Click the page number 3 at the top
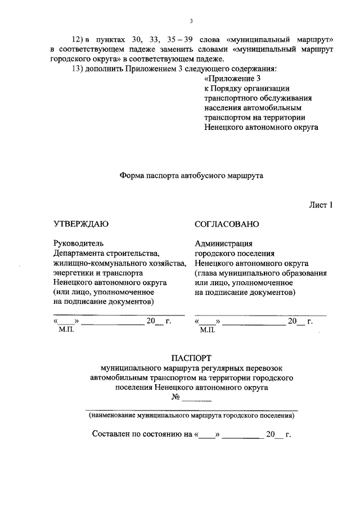[191, 22]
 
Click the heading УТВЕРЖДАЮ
[81, 224]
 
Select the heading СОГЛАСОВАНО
[227, 224]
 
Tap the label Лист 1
[321, 205]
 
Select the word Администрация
[224, 244]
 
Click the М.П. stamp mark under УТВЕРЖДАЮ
[66, 330]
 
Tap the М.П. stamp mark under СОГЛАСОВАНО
[208, 330]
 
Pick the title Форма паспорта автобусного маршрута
[191, 175]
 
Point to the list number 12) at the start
[80, 40]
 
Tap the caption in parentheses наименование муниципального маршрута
[191, 417]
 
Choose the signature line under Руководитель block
[119, 313]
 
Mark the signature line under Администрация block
[260, 313]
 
